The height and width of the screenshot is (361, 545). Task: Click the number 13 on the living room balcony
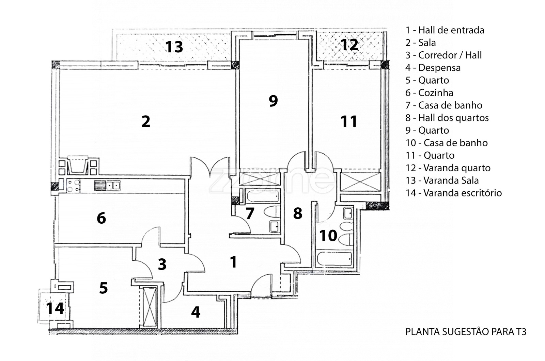pyautogui.click(x=174, y=47)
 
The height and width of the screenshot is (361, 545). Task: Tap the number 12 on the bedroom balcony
pyautogui.click(x=349, y=45)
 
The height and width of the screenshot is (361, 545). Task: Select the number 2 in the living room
pyautogui.click(x=145, y=121)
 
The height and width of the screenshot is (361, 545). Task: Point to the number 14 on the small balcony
pyautogui.click(x=55, y=308)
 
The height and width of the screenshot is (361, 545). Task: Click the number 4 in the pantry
pyautogui.click(x=196, y=312)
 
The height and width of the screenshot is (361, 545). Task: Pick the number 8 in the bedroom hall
pyautogui.click(x=298, y=213)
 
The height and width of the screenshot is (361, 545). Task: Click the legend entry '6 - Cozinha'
pyautogui.click(x=429, y=93)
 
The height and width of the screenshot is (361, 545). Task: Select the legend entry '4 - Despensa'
pyautogui.click(x=433, y=68)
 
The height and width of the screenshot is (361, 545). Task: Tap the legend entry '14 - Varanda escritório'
pyautogui.click(x=453, y=193)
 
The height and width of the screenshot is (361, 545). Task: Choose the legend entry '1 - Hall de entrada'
pyautogui.click(x=445, y=30)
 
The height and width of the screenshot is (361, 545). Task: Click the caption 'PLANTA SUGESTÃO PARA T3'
pyautogui.click(x=466, y=332)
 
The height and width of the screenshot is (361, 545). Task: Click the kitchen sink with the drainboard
pyautogui.click(x=107, y=186)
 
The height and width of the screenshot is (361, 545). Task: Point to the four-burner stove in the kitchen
pyautogui.click(x=73, y=186)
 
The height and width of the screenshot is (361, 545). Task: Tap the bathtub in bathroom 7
pyautogui.click(x=262, y=196)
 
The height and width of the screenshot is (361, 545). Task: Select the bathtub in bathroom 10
pyautogui.click(x=334, y=259)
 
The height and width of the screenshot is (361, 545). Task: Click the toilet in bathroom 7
pyautogui.click(x=272, y=212)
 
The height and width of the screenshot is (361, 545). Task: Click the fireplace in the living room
pyautogui.click(x=78, y=165)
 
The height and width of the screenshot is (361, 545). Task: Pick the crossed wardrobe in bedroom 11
pyautogui.click(x=360, y=182)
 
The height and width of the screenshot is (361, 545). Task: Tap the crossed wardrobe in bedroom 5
pyautogui.click(x=150, y=307)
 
